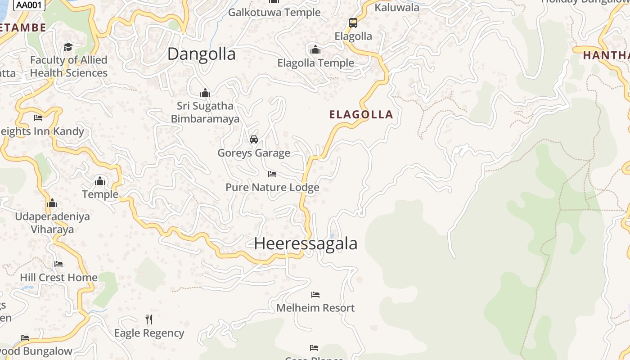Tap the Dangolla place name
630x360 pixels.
tap(201, 54)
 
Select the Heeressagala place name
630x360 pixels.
tap(306, 243)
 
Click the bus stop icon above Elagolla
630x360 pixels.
tap(353, 22)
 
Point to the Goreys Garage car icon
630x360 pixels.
tap(254, 139)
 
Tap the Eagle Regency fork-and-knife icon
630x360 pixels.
tap(149, 319)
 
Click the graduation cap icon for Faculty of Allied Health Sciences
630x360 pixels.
tap(68, 47)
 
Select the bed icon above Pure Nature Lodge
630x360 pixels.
tap(272, 174)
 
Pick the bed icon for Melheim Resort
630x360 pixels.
tap(315, 295)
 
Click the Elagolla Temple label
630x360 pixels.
tap(315, 63)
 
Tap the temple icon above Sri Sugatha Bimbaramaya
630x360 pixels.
tap(205, 93)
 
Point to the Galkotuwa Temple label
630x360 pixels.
tap(274, 12)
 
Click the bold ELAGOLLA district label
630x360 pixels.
tap(361, 114)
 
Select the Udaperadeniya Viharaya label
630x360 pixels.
tap(53, 223)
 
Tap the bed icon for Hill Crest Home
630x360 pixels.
tap(58, 264)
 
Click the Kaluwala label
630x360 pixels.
tap(397, 7)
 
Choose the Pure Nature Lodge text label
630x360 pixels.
tap(272, 187)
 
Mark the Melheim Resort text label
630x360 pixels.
tap(315, 308)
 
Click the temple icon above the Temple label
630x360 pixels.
tap(100, 181)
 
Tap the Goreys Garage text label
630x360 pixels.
tap(254, 153)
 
